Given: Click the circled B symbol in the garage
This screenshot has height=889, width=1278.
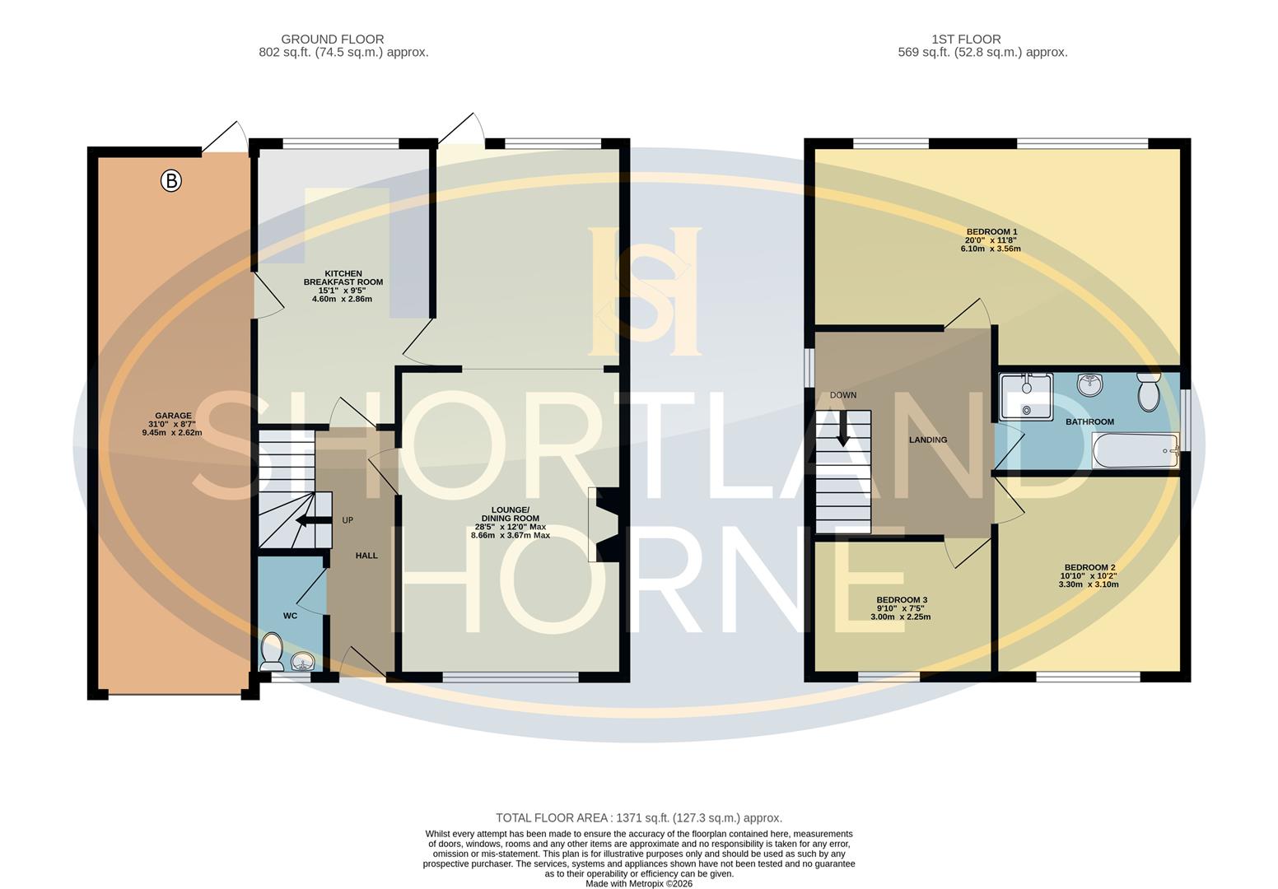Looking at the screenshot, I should (170, 180).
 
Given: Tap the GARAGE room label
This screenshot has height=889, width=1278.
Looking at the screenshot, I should (173, 416).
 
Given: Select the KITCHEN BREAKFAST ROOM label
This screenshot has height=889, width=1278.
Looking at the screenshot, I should (343, 277).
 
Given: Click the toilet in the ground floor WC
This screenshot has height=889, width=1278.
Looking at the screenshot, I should (271, 651).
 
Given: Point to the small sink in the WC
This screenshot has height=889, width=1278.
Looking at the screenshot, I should (303, 661).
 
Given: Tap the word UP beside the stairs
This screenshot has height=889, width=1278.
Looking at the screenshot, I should (347, 520).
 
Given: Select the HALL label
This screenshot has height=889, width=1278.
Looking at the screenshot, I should (366, 556).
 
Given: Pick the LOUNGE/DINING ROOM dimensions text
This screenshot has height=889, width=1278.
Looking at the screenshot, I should (510, 531).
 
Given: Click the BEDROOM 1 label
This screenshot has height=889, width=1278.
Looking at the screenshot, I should (991, 232).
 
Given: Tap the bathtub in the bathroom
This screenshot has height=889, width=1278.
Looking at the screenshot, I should (1135, 451).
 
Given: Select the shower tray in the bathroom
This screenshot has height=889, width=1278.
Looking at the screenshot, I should (1025, 396).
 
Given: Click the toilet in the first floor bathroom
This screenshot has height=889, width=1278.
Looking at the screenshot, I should (1148, 391).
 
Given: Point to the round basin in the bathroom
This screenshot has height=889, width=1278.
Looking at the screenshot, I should (1090, 384).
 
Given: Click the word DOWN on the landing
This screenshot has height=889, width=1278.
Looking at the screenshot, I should (842, 395).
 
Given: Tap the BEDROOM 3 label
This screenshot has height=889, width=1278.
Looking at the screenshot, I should (902, 600).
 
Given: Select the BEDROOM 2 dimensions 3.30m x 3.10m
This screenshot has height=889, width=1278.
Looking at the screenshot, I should (1088, 584).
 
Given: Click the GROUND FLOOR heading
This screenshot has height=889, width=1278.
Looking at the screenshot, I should (332, 39).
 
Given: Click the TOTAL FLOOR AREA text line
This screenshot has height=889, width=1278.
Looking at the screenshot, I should (638, 817).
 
